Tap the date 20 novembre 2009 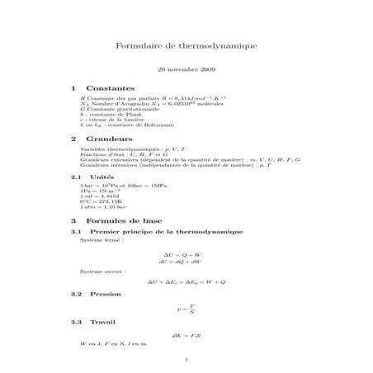186,72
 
